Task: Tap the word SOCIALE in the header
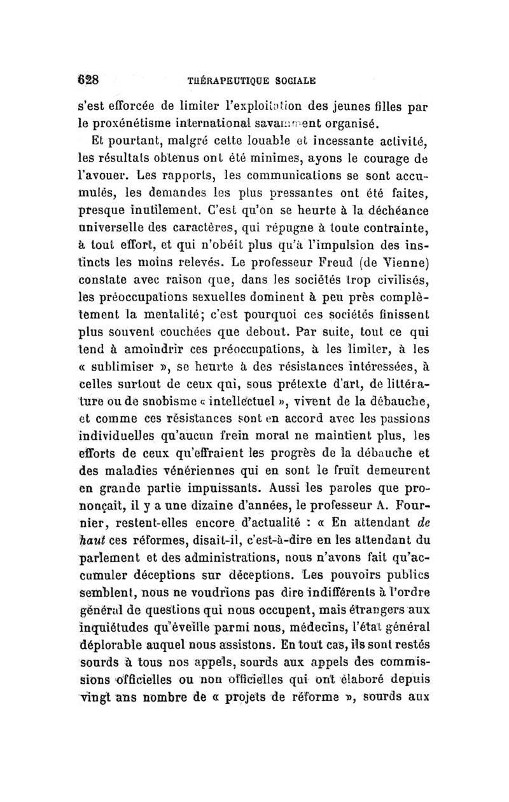click(294, 81)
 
